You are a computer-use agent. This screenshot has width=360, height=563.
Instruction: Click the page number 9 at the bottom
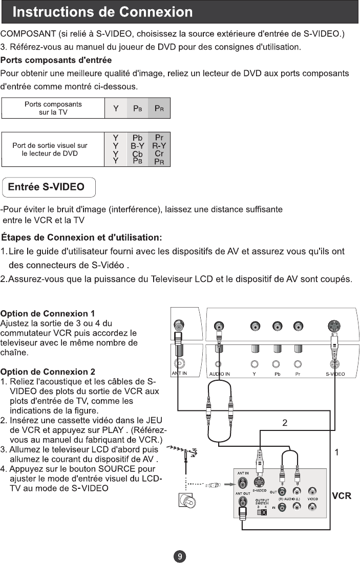pyautogui.click(x=180, y=556)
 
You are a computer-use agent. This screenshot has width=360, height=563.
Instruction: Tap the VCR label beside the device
pyautogui.click(x=341, y=496)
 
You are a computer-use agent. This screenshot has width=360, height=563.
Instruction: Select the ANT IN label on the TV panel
pyautogui.click(x=180, y=374)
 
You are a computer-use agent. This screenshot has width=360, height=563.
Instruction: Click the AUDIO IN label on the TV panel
pyautogui.click(x=220, y=374)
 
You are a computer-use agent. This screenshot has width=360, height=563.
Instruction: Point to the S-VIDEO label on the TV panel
pyautogui.click(x=335, y=374)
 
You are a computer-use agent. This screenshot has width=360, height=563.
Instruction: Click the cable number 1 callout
pyautogui.click(x=336, y=452)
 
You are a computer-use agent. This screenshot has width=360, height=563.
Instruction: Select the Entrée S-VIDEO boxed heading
pyautogui.click(x=50, y=187)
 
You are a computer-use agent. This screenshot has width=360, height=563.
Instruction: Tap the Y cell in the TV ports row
pyautogui.click(x=116, y=109)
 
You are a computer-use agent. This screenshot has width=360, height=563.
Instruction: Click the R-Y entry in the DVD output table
pyautogui.click(x=159, y=145)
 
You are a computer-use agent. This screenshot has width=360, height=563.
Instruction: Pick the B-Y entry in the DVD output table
pyautogui.click(x=137, y=145)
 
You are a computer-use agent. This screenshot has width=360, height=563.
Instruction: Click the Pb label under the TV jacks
pyautogui.click(x=276, y=374)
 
